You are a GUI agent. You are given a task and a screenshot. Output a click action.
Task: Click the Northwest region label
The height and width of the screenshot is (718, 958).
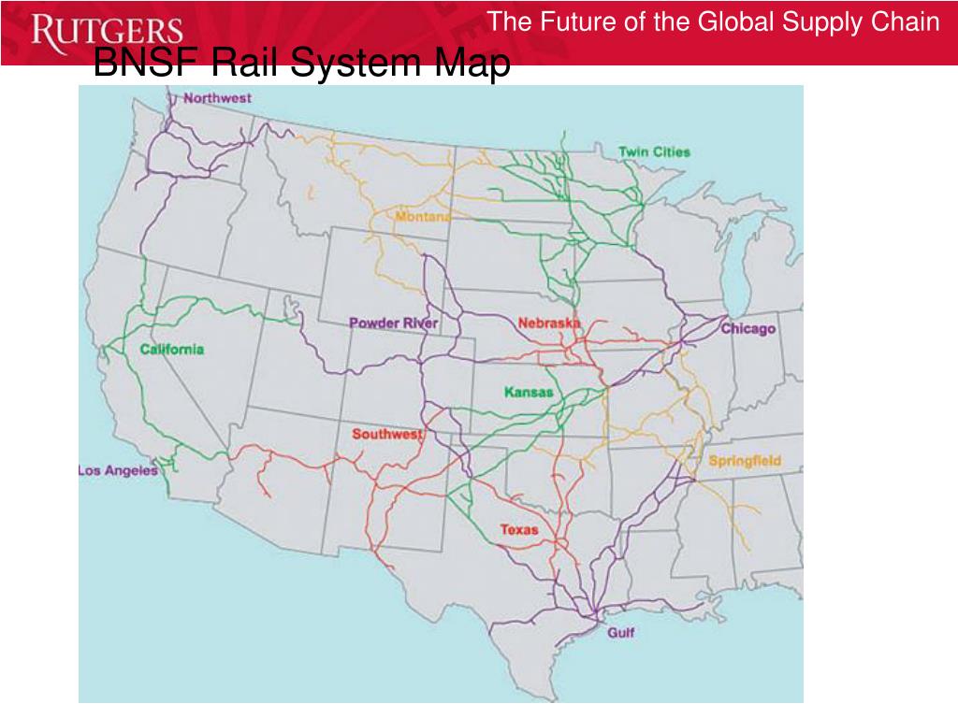pyautogui.click(x=217, y=97)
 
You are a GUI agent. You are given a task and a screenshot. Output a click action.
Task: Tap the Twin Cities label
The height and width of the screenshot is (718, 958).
pyautogui.click(x=654, y=151)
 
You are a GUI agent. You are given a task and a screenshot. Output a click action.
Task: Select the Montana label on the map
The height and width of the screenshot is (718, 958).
pyautogui.click(x=423, y=217)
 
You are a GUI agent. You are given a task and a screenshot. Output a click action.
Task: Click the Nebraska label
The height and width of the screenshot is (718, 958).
pyautogui.click(x=549, y=323)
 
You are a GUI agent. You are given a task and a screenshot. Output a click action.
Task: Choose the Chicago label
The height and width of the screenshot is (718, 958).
pyautogui.click(x=748, y=329)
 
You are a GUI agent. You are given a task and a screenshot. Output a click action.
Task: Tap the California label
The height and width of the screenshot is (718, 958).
pyautogui.click(x=172, y=350)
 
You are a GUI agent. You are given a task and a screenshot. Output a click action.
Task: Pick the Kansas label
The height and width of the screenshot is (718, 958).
pyautogui.click(x=529, y=392)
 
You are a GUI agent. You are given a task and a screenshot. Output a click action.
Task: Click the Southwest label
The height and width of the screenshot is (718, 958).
pyautogui.click(x=387, y=434)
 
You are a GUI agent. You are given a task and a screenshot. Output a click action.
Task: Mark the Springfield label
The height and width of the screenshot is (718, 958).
pyautogui.click(x=745, y=461)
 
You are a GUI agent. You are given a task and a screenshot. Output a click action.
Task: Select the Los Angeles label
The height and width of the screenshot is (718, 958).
pyautogui.click(x=118, y=470)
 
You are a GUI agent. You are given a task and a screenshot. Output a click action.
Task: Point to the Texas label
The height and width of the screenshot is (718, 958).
pyautogui.click(x=519, y=529)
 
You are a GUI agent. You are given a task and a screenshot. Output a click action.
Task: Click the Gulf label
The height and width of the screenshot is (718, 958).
pyautogui.click(x=620, y=633)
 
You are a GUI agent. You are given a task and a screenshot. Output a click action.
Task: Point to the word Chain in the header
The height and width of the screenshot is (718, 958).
pyautogui.click(x=907, y=22)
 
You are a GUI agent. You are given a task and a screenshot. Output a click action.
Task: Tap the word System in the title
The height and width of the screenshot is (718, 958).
pyautogui.click(x=356, y=64)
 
